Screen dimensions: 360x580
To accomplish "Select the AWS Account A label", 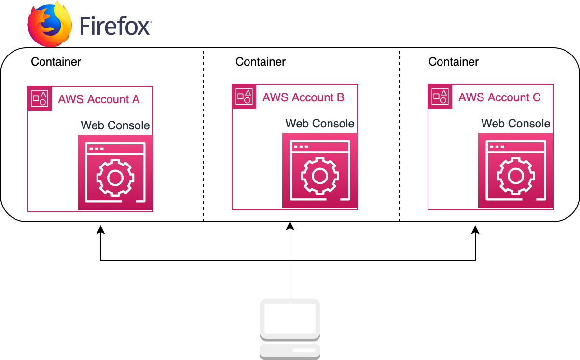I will (x=98, y=99).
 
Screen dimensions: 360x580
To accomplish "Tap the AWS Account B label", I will (x=303, y=97).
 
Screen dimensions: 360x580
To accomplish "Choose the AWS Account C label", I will (x=499, y=97).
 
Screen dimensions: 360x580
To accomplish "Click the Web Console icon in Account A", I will (x=115, y=172).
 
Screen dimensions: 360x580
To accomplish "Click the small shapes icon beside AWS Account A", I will (x=40, y=98).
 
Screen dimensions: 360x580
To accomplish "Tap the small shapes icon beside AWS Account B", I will (x=244, y=97).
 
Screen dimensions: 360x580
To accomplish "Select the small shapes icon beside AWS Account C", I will (x=440, y=97).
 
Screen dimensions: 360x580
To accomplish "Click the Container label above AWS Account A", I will (x=56, y=62).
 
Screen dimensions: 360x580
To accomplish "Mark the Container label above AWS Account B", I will (x=261, y=62).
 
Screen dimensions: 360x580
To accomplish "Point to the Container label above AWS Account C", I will (x=454, y=62).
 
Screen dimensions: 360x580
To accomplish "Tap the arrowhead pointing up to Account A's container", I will (x=100, y=230).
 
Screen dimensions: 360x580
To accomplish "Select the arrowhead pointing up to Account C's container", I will (x=476, y=230).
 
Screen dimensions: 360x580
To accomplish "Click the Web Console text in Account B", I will (x=320, y=124).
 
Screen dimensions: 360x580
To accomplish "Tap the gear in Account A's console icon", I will (x=115, y=178).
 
